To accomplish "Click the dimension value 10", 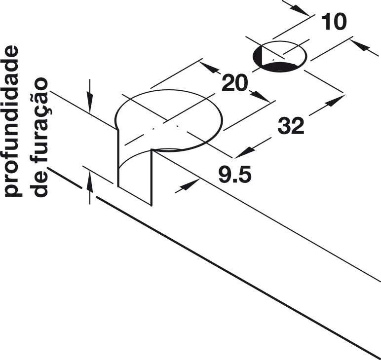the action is point(334,22).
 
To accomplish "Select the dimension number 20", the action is point(234,83).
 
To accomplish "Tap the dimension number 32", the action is point(291,125).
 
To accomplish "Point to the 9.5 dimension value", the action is point(235,174).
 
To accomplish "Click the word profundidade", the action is point(11,121).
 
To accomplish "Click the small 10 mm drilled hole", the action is point(280,56).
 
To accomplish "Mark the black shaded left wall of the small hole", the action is point(258,56).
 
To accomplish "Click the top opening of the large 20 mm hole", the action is point(169,120).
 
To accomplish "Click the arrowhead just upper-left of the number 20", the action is point(209,68).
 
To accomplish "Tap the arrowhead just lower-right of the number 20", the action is point(260,96).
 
